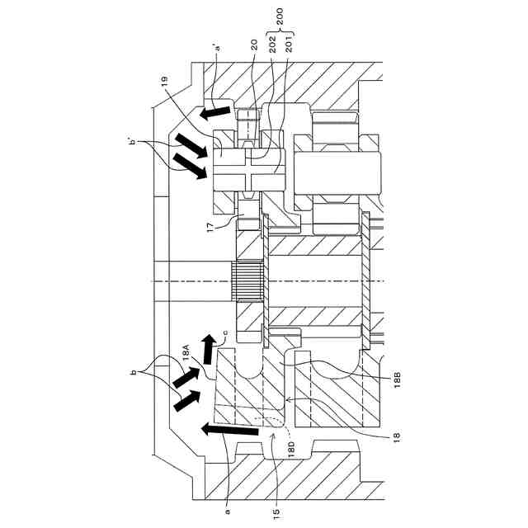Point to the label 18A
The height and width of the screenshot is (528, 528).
click(188, 352)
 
